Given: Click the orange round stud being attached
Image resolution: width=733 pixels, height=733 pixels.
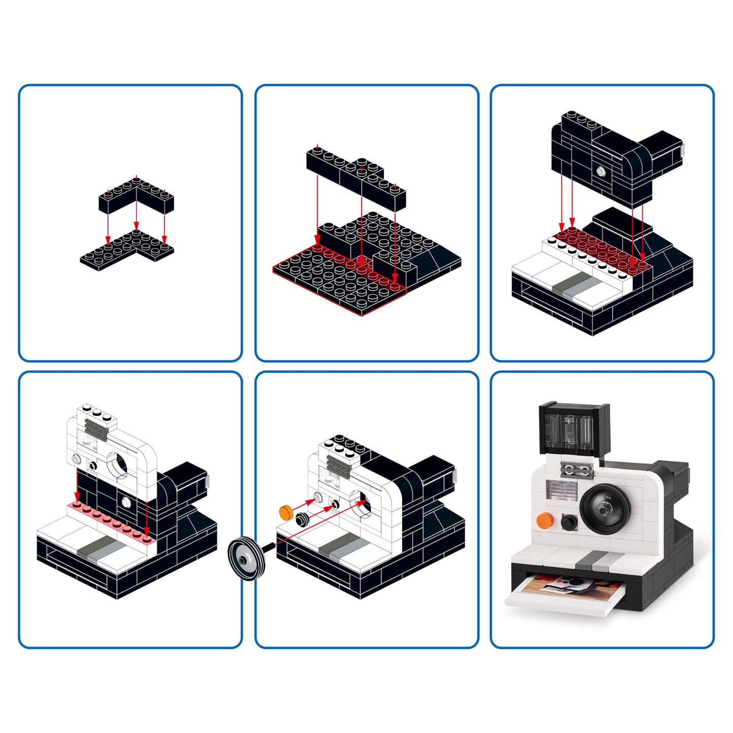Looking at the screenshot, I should (286, 511).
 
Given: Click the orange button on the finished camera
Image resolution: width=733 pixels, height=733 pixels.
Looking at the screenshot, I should (544, 520).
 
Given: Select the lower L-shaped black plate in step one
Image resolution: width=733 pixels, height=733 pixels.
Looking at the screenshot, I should (127, 248).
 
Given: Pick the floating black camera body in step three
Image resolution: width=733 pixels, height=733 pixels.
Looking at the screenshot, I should (614, 157).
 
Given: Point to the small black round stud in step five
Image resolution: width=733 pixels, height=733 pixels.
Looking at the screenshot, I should (303, 519).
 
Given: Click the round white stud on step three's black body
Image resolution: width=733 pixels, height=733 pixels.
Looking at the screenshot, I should (601, 171).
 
